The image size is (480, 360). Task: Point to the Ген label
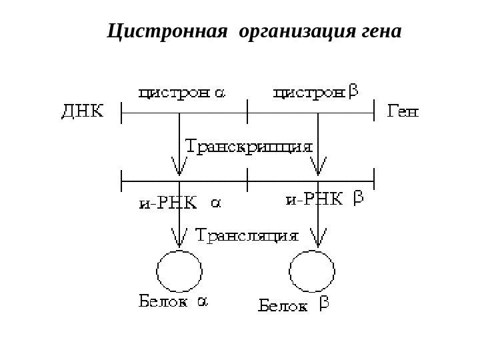click(403, 112)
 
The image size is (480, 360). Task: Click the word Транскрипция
click(249, 146)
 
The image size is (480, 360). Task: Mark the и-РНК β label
click(323, 199)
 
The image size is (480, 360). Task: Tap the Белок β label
click(293, 306)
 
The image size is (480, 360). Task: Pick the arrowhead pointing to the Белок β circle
click(319, 241)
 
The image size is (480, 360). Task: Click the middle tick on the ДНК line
click(247, 112)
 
